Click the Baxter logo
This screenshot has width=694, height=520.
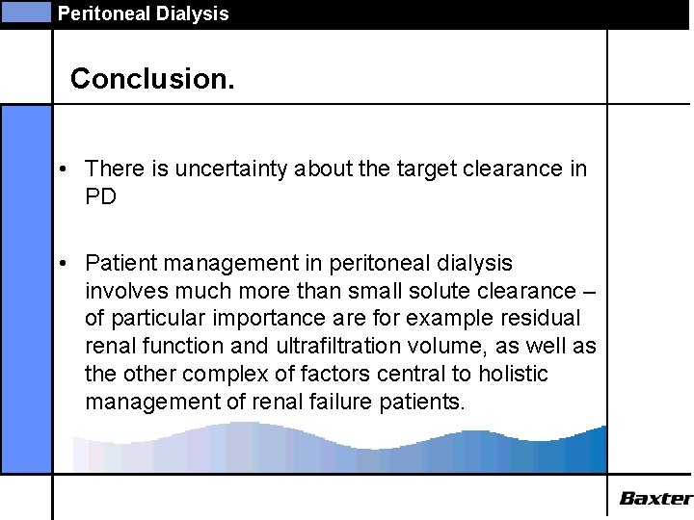(x=655, y=498)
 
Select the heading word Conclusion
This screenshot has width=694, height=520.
(x=152, y=78)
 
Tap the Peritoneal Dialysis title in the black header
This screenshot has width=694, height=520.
(x=143, y=13)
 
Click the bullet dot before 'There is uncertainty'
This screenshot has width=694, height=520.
(x=61, y=169)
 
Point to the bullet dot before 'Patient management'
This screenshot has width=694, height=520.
(x=61, y=263)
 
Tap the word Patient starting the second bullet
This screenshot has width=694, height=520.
(x=118, y=262)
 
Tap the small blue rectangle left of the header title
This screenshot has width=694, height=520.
(x=25, y=13)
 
